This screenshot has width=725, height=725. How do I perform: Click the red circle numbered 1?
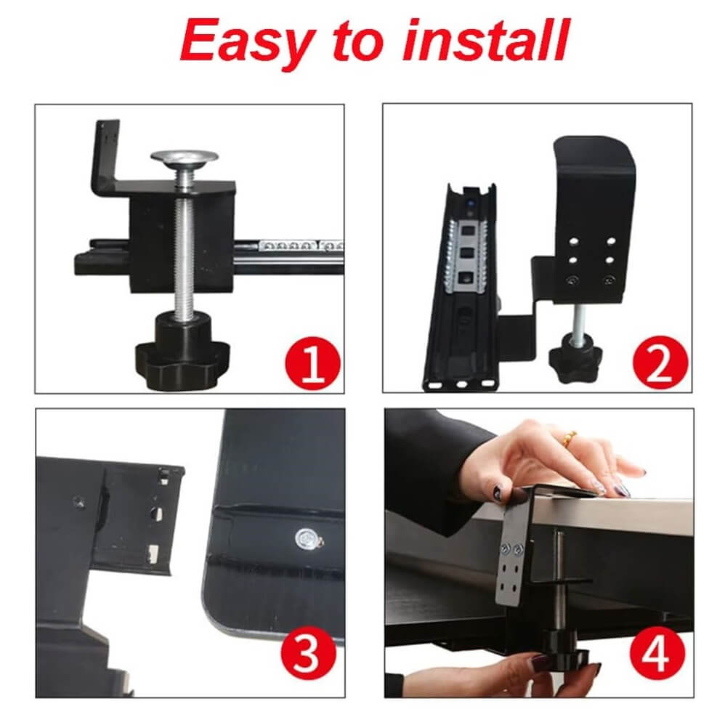312,363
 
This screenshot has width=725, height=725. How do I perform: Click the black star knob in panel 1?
182,351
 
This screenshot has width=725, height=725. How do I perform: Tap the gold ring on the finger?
570,437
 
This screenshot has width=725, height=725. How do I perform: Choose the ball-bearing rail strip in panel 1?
301,246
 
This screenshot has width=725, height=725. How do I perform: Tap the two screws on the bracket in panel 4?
512,549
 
